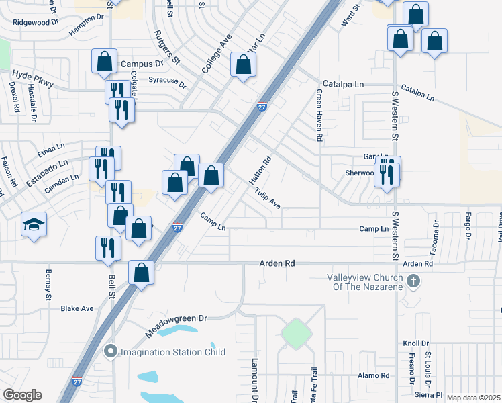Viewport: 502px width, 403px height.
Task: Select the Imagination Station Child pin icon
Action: coord(111,351)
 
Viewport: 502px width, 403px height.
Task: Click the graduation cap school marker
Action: coord(33,225)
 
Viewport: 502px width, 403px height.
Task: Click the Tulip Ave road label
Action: coord(267,198)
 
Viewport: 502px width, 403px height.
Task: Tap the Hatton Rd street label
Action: coord(260,171)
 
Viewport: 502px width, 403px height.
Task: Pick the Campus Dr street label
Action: coord(142,64)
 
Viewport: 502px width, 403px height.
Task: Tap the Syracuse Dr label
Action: coord(167,82)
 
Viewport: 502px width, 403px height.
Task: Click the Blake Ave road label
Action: coord(77,309)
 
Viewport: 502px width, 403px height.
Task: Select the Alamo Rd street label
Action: coord(374,375)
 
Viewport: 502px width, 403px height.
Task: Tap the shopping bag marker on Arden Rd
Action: coord(142,273)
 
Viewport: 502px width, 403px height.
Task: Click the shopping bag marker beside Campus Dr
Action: coord(105,61)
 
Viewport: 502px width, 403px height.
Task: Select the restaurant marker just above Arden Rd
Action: coord(108,248)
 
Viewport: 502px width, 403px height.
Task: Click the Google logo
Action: coord(22,395)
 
